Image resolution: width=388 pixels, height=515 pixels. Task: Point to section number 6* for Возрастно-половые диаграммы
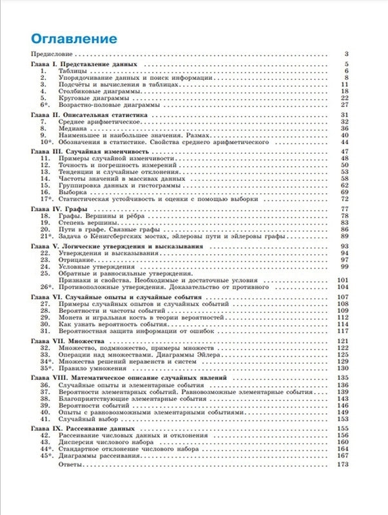click(x=45, y=104)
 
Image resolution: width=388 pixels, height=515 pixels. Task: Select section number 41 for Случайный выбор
click(x=44, y=418)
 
